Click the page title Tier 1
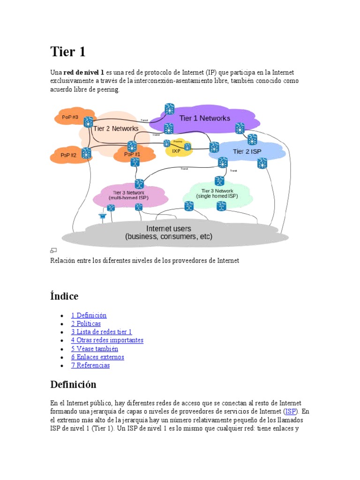pos(68,52)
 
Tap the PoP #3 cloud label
pos(69,117)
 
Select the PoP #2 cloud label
pos(68,155)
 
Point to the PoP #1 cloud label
pos(132,154)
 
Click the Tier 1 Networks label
pos(205,118)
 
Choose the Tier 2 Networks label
pos(116,128)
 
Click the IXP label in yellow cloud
pos(176,151)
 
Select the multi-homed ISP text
pos(128,198)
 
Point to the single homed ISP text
pos(217,196)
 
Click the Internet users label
pos(169,229)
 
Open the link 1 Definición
pos(89,315)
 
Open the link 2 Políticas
pos(86,324)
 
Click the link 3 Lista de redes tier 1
pos(101,332)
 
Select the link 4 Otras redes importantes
pos(107,340)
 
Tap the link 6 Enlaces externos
pos(97,357)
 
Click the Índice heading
pos(64,296)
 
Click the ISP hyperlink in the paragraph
pos(291,411)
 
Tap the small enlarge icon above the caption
pos(53,251)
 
